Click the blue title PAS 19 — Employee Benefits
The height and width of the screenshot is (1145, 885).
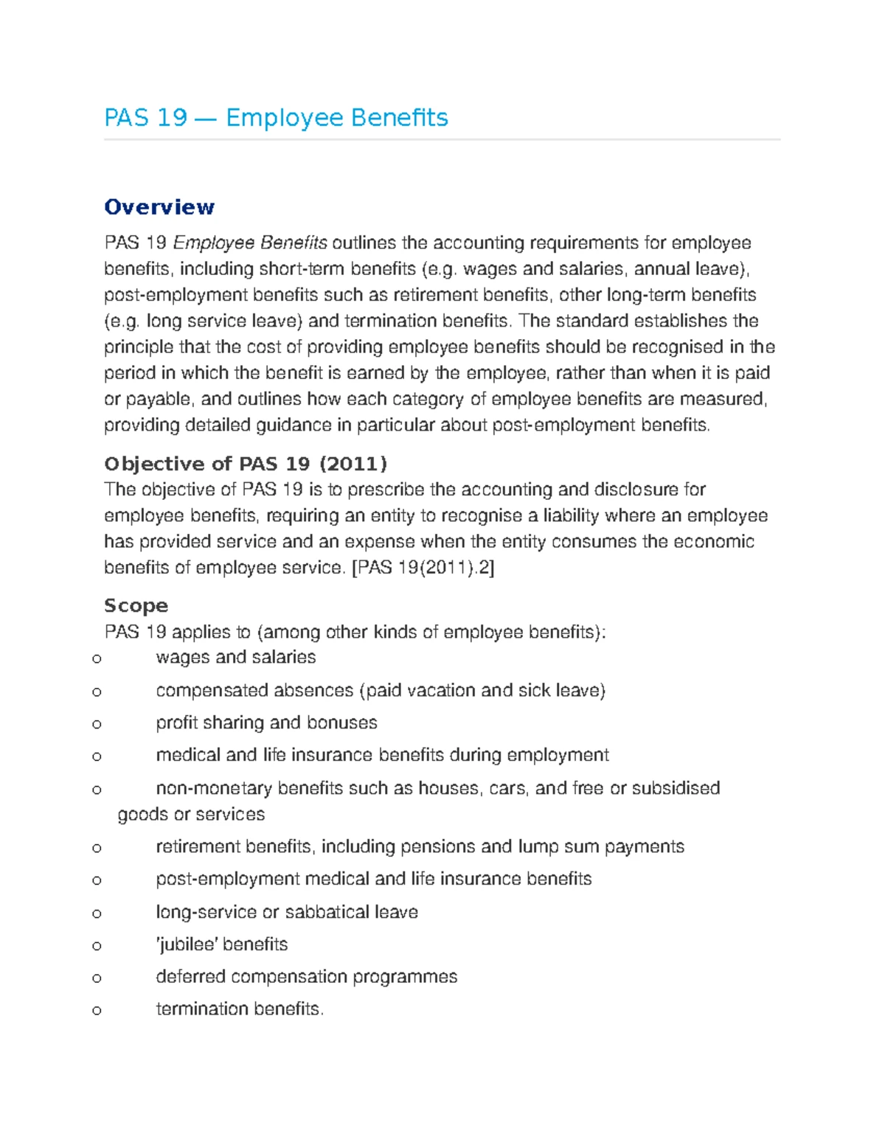coord(276,118)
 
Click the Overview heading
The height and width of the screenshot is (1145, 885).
coord(159,207)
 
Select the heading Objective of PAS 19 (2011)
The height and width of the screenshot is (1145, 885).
coord(246,464)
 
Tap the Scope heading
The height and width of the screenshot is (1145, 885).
coord(136,606)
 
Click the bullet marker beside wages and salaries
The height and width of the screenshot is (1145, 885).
coord(97,658)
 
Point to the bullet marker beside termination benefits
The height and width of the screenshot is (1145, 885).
coord(97,1010)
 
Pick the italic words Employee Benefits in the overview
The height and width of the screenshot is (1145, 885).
coord(250,243)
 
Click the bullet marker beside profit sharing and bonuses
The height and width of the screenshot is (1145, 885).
coord(97,724)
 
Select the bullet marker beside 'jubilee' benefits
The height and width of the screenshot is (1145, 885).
coord(97,945)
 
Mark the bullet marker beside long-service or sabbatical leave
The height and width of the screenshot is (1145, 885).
coord(97,913)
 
